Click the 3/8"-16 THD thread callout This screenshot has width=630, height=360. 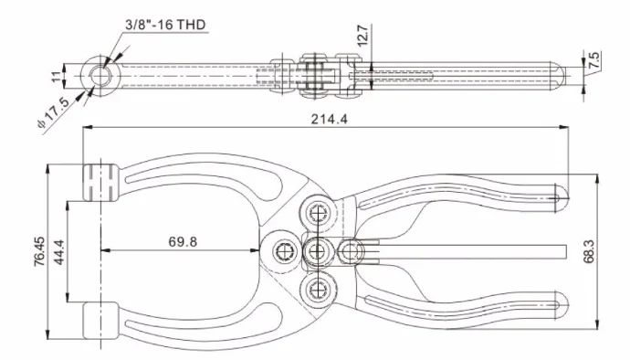pyautogui.click(x=165, y=25)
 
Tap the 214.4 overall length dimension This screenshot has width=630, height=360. pyautogui.click(x=329, y=119)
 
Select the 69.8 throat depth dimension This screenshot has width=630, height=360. pyautogui.click(x=183, y=242)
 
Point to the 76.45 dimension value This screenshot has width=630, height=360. pyautogui.click(x=39, y=251)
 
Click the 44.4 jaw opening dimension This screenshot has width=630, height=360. pyautogui.click(x=59, y=252)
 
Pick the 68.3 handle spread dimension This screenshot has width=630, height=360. pyautogui.click(x=589, y=251)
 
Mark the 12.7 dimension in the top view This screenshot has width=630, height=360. pyautogui.click(x=362, y=36)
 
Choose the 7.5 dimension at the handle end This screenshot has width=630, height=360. pyautogui.click(x=594, y=59)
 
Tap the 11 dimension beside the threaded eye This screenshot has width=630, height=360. pyautogui.click(x=57, y=76)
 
